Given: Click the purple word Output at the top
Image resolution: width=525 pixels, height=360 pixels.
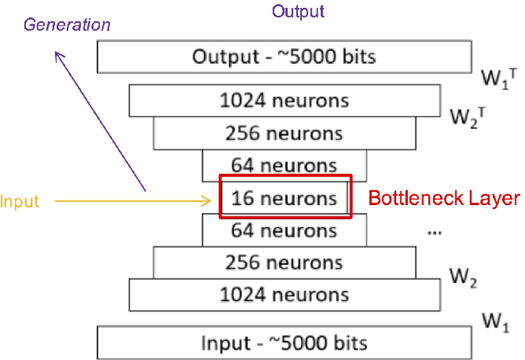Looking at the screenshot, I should pos(299,11).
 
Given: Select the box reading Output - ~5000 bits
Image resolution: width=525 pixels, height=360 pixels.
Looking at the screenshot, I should pos(284,57).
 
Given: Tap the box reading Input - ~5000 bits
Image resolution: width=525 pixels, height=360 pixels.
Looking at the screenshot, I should pos(284,342).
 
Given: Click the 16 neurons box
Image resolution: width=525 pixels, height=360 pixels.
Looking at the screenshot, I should pos(284,198).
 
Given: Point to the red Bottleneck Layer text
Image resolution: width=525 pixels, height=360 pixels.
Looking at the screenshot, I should pos(443,198).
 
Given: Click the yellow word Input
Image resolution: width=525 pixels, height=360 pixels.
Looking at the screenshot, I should pos(20,200).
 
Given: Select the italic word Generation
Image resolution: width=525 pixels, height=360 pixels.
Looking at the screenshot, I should pos(66,25).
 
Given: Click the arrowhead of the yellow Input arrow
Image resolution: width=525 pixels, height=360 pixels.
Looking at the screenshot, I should pos(212,199).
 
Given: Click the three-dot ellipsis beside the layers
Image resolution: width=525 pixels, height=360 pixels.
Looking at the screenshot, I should pos(436,233).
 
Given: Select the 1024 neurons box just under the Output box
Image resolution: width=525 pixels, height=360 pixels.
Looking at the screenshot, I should pos(284,101).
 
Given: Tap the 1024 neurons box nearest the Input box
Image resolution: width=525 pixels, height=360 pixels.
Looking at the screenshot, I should pos(284,294).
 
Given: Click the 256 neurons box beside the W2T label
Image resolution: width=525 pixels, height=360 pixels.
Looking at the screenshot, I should pos(284,133).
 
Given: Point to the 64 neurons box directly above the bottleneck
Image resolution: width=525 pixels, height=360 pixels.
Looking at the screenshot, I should pos(284,166).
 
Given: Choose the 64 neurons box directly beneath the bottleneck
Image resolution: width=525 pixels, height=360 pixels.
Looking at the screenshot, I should pos(284,230).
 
